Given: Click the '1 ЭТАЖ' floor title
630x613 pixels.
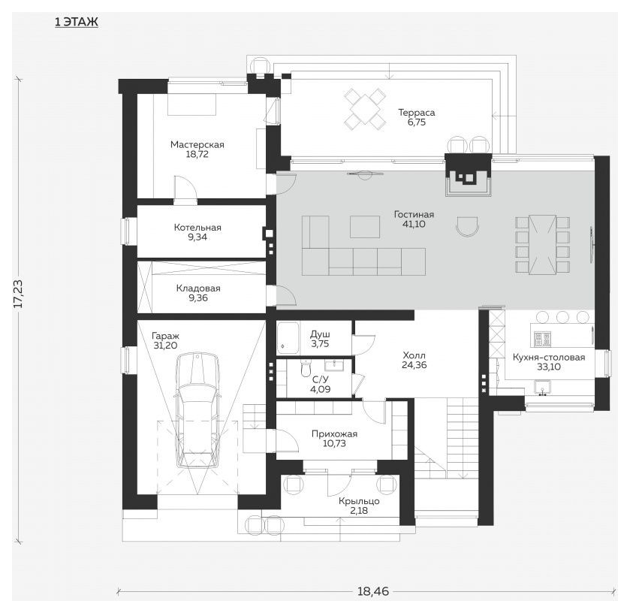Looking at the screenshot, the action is [77, 22].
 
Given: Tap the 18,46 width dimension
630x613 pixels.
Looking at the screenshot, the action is [373, 591].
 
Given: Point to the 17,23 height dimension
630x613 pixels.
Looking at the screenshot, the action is [19, 294].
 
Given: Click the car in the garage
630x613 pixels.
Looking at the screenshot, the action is [198, 410].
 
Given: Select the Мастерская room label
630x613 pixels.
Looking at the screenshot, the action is [197, 144].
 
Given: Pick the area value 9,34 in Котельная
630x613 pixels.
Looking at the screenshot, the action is [197, 237].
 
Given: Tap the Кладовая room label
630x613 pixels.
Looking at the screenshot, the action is [198, 288].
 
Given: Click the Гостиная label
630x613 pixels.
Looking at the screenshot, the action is [414, 214].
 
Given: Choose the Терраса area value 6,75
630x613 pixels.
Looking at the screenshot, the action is [416, 122].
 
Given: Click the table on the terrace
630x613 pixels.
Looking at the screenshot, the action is [365, 109].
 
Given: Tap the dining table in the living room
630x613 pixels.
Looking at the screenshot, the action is [542, 245].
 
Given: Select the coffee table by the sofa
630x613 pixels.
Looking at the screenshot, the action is [365, 227].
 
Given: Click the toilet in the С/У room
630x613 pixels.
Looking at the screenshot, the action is [306, 368].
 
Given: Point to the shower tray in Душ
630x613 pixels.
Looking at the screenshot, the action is [288, 337].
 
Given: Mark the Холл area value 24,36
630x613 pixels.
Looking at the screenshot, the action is [414, 365].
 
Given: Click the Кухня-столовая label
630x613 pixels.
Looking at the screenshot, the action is [549, 357].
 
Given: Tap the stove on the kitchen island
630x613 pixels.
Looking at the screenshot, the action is [542, 340].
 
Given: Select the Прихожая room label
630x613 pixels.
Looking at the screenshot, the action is [334, 433].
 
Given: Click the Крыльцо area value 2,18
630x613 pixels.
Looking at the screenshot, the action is [359, 511].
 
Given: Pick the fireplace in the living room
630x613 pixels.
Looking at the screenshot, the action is [469, 175].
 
